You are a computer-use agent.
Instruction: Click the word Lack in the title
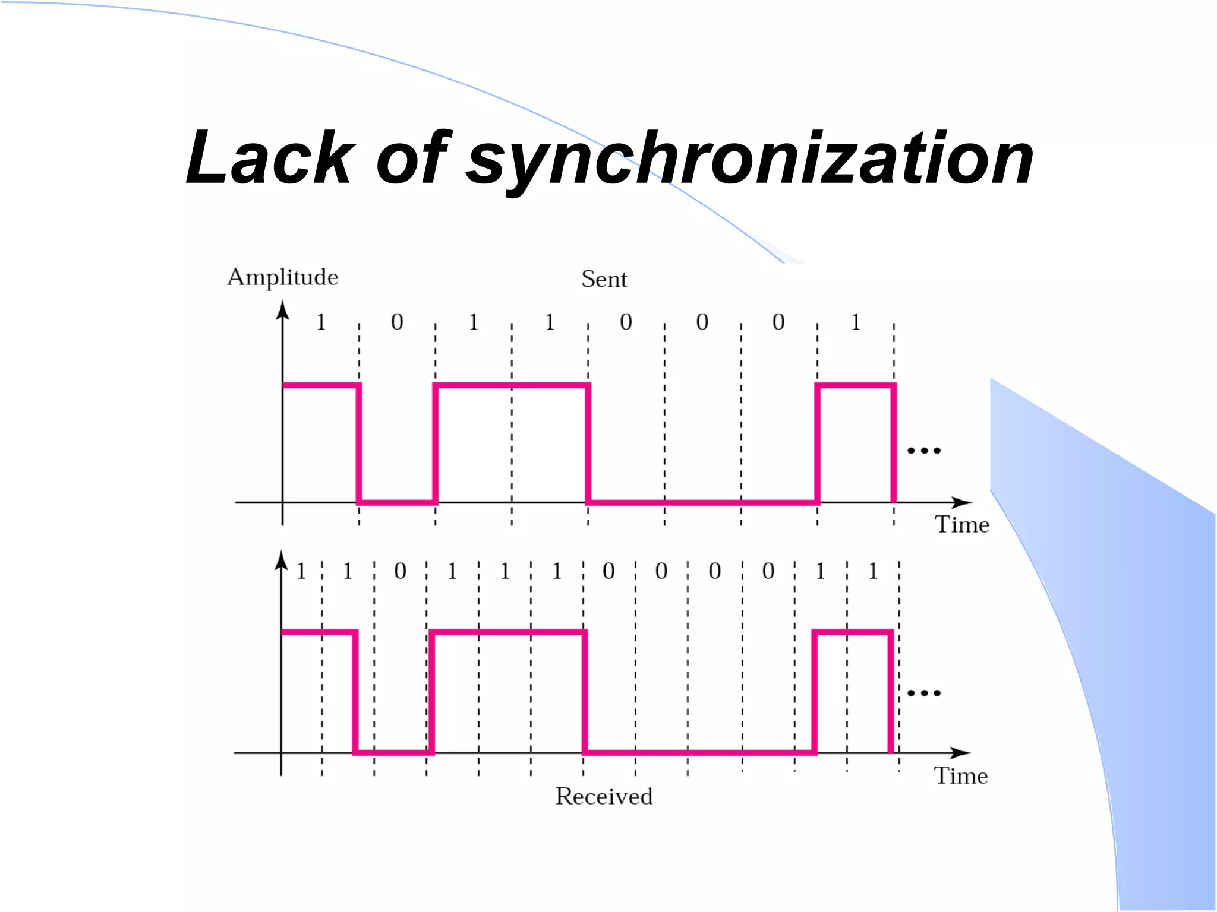pyautogui.click(x=270, y=158)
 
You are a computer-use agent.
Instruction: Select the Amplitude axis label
pyautogui.click(x=283, y=277)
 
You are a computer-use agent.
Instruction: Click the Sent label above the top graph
pyautogui.click(x=604, y=279)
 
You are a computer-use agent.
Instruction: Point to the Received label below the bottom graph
pyautogui.click(x=604, y=796)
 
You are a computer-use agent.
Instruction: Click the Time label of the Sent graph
pyautogui.click(x=962, y=525)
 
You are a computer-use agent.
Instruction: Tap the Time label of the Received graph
pyautogui.click(x=961, y=776)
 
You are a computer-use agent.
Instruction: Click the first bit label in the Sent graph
pyautogui.click(x=321, y=322)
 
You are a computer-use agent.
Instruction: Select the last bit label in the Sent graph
pyautogui.click(x=856, y=322)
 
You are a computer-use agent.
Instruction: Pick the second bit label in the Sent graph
pyautogui.click(x=397, y=322)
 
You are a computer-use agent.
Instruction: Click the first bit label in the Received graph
pyautogui.click(x=301, y=571)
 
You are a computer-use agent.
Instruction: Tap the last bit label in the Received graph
pyautogui.click(x=873, y=571)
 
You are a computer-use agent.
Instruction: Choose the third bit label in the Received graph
pyautogui.click(x=400, y=571)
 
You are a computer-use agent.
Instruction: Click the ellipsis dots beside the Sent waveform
pyautogui.click(x=924, y=451)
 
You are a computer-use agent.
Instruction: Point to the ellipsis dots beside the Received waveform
pyautogui.click(x=924, y=693)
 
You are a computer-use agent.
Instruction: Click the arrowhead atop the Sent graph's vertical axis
pyautogui.click(x=283, y=310)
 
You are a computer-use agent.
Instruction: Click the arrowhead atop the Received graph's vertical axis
pyautogui.click(x=281, y=560)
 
